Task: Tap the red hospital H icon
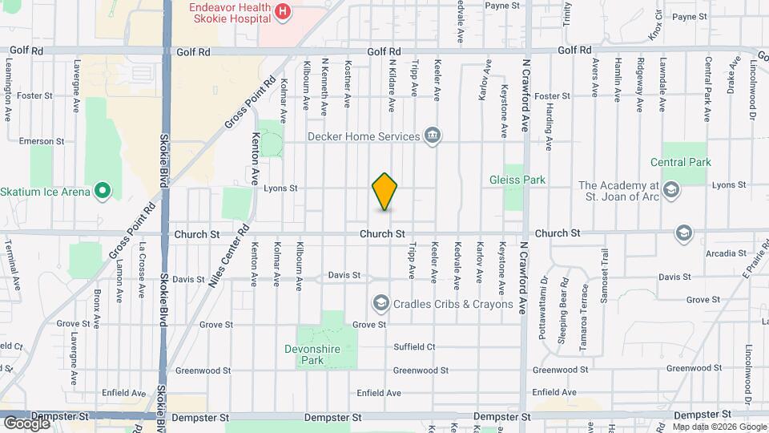click(x=282, y=11)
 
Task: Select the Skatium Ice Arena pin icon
click(x=102, y=192)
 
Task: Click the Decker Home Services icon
click(x=433, y=136)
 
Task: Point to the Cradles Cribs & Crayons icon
click(x=380, y=304)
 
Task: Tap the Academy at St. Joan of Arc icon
click(x=670, y=190)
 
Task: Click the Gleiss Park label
click(x=517, y=180)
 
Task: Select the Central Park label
click(x=686, y=162)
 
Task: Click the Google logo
click(x=26, y=423)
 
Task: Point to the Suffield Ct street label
click(x=414, y=347)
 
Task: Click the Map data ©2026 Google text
click(x=719, y=427)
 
